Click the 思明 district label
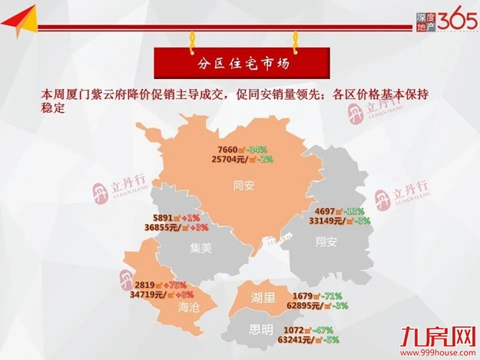(x=260, y=331)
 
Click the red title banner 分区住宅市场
(x=241, y=60)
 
